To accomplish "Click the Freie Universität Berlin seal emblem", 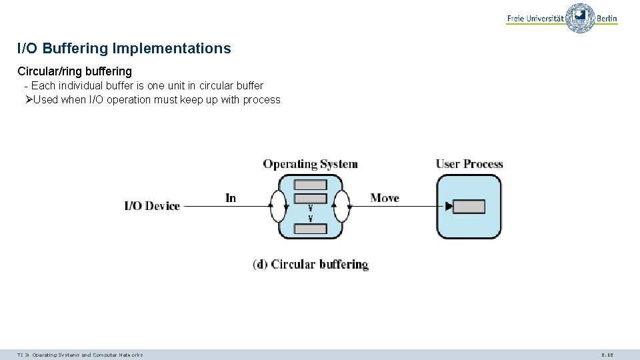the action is point(580,18).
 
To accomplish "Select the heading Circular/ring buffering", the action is point(75,71).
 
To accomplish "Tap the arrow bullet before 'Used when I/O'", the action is point(28,100).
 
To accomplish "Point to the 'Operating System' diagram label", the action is point(310,164).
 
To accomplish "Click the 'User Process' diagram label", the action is point(469,164).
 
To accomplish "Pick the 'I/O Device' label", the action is point(152,206).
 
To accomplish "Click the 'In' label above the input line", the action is point(231,198).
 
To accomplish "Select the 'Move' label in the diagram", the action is point(385,198).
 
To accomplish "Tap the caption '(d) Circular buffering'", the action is point(311,264).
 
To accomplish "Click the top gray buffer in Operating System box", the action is point(311,185).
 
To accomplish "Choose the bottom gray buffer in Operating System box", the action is point(311,229).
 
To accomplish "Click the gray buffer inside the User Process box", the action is point(469,207).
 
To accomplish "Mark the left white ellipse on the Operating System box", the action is point(278,206).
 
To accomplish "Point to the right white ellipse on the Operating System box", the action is point(341,206).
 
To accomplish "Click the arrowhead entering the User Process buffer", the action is point(449,207).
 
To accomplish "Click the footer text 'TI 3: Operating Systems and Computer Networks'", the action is point(80,355).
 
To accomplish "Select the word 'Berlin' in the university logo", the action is point(607,19).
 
